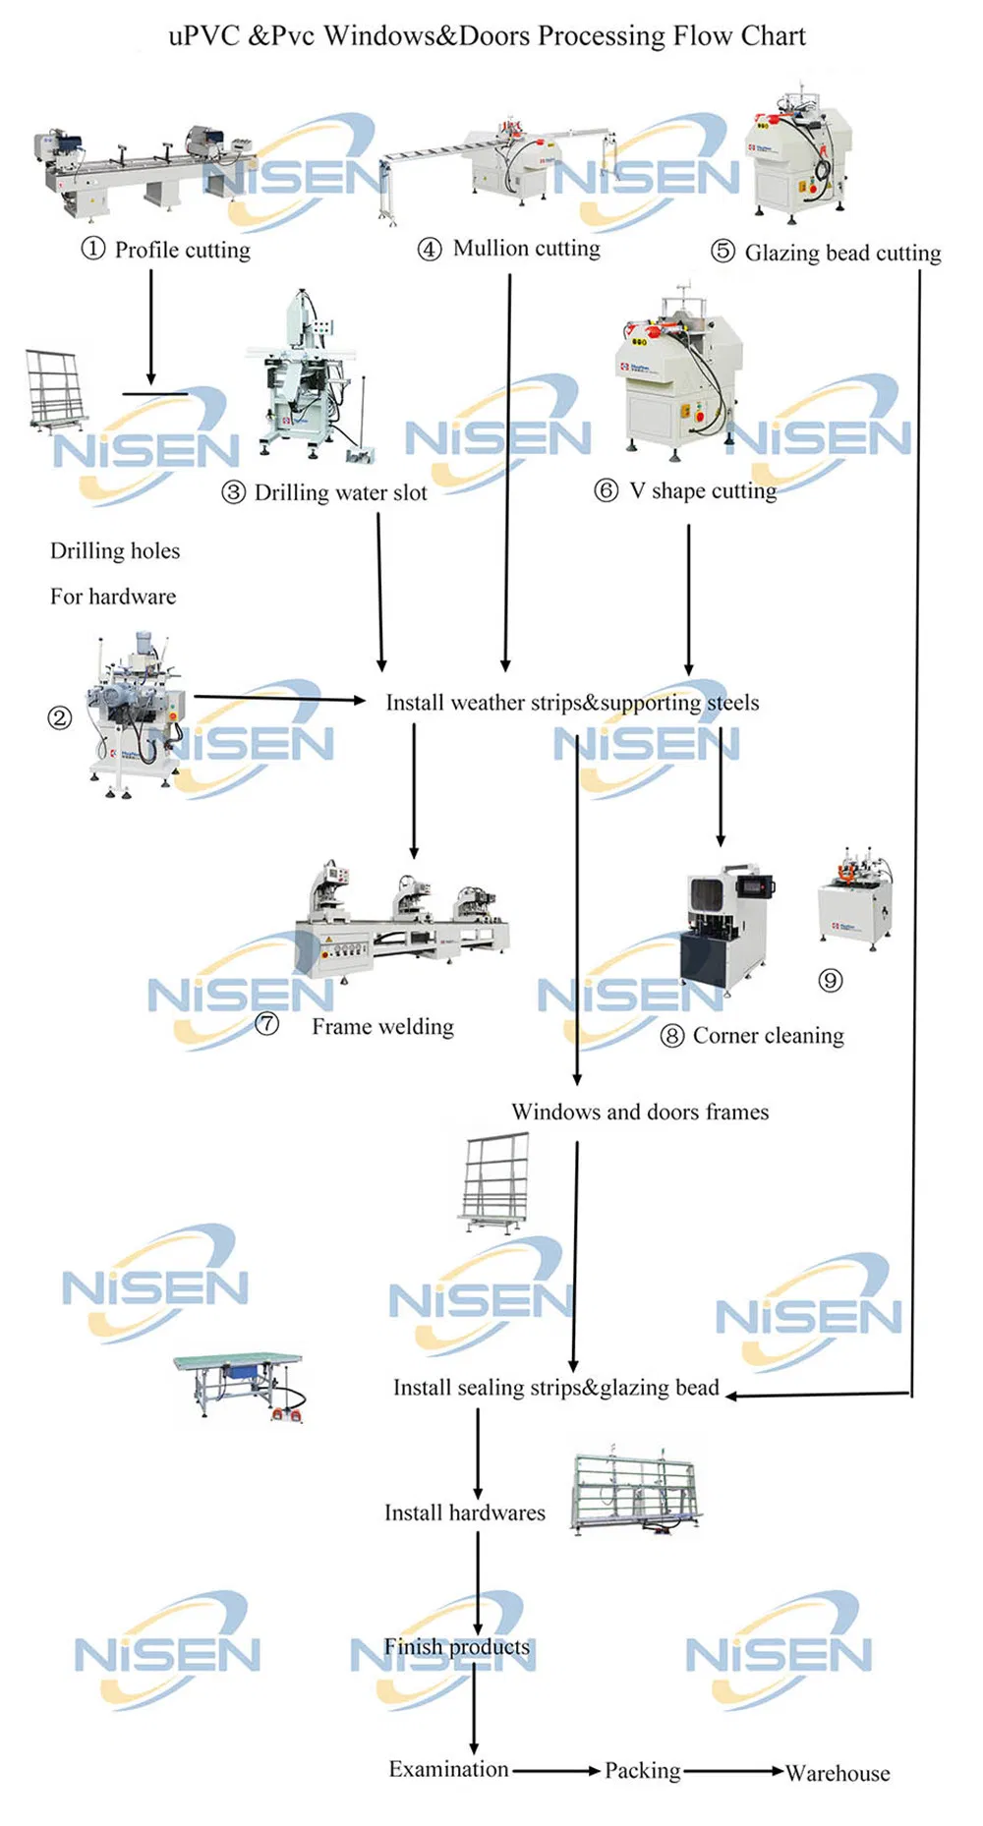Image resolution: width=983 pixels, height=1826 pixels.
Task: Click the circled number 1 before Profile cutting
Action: (92, 249)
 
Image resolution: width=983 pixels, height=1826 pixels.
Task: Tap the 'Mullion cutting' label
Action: (526, 249)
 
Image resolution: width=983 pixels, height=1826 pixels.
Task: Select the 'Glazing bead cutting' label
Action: (842, 254)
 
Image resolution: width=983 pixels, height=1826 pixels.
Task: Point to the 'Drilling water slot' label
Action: (340, 492)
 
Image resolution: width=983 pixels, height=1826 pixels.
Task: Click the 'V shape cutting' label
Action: (702, 490)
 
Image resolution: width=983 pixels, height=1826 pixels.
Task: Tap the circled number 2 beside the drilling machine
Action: (59, 718)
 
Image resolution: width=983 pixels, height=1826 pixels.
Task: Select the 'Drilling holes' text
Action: (115, 551)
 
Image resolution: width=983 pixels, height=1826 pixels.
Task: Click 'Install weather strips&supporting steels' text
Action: (572, 703)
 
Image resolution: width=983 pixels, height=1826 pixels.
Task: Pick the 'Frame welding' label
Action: (382, 1027)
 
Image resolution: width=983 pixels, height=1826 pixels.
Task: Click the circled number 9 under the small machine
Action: (831, 980)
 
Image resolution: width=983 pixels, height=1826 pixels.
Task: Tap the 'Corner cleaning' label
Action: (768, 1036)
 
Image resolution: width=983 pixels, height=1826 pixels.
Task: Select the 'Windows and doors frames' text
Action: (640, 1113)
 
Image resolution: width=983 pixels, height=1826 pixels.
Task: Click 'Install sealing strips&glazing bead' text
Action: (555, 1388)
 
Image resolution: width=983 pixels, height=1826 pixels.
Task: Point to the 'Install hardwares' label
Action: (464, 1512)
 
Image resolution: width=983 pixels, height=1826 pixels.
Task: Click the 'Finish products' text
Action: (456, 1646)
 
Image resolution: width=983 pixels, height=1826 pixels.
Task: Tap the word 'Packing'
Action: (642, 1770)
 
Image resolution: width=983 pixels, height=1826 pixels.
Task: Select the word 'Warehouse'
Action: (838, 1773)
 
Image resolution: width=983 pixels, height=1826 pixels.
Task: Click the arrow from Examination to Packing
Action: (555, 1770)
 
